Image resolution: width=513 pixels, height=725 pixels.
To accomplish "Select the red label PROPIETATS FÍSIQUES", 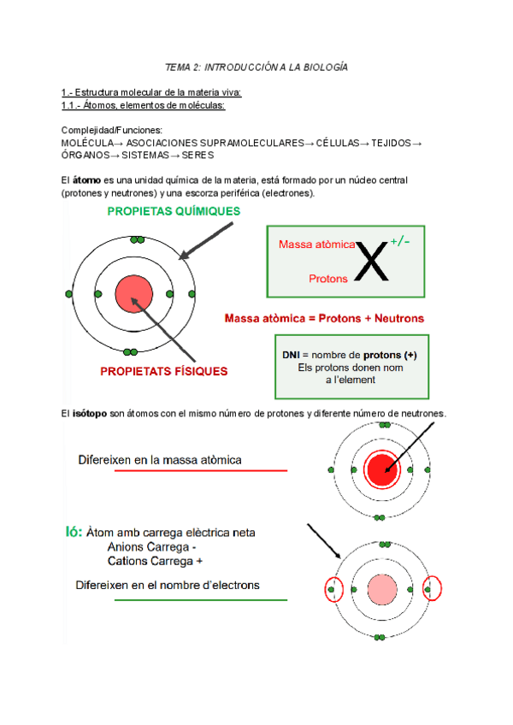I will pyautogui.click(x=164, y=371).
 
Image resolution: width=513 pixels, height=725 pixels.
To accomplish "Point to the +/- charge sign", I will pyautogui.click(x=400, y=242).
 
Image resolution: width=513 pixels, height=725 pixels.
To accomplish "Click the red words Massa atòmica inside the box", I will pyautogui.click(x=316, y=245).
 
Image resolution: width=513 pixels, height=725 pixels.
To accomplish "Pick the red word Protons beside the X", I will pyautogui.click(x=328, y=278).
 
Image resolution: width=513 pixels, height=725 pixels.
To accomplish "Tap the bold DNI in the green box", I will pyautogui.click(x=292, y=355).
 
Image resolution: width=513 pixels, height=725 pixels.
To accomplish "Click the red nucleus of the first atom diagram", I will pyautogui.click(x=131, y=293).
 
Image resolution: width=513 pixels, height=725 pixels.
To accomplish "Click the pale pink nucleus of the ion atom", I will pyautogui.click(x=377, y=589).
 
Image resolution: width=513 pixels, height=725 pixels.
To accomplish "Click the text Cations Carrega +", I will pyautogui.click(x=156, y=562).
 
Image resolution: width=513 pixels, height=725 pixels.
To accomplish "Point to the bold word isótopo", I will pyautogui.click(x=89, y=414).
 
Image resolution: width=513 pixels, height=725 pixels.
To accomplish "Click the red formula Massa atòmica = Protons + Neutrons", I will pyautogui.click(x=324, y=318).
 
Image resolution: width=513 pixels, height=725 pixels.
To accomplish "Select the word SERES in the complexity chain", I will pyautogui.click(x=198, y=156).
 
